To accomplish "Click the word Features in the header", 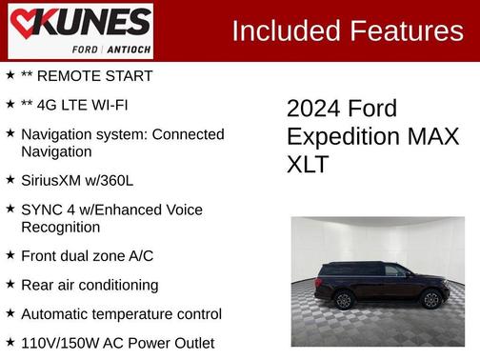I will tap(406, 31).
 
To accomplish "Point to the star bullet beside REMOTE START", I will tap(10, 75).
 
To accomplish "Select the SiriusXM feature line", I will tap(78, 179).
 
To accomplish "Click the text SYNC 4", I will tap(46, 209).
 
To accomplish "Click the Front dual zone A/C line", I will tap(87, 256).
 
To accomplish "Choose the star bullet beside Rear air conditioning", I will tap(10, 285).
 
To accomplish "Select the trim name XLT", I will tap(308, 164).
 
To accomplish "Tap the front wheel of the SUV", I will tap(431, 299).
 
